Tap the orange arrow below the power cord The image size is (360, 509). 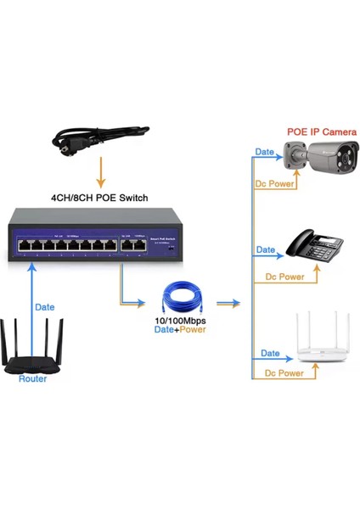click(x=100, y=176)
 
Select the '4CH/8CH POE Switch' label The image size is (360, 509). click(x=99, y=198)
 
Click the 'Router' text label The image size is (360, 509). click(x=32, y=378)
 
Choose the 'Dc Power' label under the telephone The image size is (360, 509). click(x=285, y=277)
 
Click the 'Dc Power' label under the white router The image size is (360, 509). click(x=285, y=373)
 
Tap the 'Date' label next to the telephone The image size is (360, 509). click(x=266, y=250)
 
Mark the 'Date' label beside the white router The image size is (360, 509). click(x=270, y=353)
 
